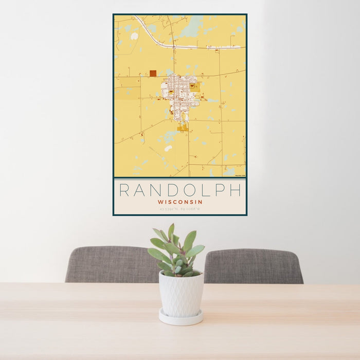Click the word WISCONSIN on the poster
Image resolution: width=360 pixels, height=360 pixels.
pos(180,202)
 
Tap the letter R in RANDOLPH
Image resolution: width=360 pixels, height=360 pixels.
pos(124,190)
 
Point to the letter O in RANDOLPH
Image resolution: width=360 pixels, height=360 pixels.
pos(181,190)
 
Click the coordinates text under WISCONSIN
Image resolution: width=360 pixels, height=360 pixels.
pos(180,209)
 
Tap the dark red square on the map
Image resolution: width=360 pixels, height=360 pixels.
pos(153,74)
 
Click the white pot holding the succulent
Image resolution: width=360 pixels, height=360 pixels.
pos(181,294)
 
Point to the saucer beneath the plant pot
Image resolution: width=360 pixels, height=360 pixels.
pos(181,318)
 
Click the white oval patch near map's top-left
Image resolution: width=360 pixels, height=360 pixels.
pos(134,36)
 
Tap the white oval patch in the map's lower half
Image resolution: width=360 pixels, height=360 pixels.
pos(168,148)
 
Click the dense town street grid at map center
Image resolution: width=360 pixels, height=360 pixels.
pos(179,93)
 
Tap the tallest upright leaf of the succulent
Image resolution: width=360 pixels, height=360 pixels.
pos(171,232)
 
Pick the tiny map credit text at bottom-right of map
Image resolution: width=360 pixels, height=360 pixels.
pos(240,176)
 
